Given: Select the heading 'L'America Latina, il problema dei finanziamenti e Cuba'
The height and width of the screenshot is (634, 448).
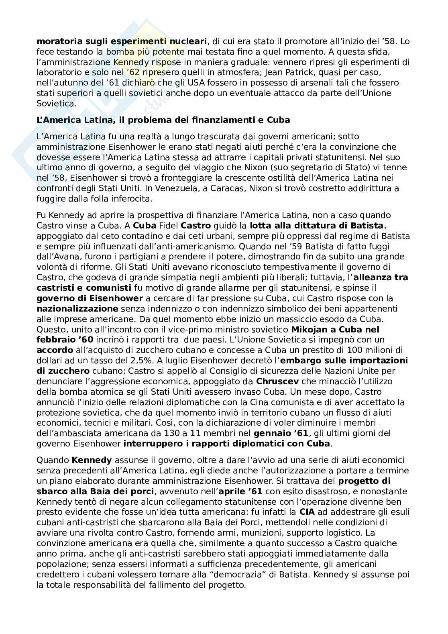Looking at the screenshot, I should pyautogui.click(x=163, y=120).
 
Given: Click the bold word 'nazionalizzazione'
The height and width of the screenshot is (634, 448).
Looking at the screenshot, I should pyautogui.click(x=77, y=309).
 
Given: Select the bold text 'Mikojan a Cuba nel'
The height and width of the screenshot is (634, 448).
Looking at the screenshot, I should pyautogui.click(x=335, y=330).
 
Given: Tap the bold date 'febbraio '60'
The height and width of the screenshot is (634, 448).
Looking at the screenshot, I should pyautogui.click(x=65, y=340).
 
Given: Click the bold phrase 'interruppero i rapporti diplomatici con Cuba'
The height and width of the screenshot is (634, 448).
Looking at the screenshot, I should pyautogui.click(x=227, y=444).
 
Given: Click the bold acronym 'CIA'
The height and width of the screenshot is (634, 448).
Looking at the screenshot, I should pyautogui.click(x=303, y=512).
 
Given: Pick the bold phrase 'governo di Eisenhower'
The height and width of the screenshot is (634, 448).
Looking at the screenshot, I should pyautogui.click(x=90, y=298).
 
